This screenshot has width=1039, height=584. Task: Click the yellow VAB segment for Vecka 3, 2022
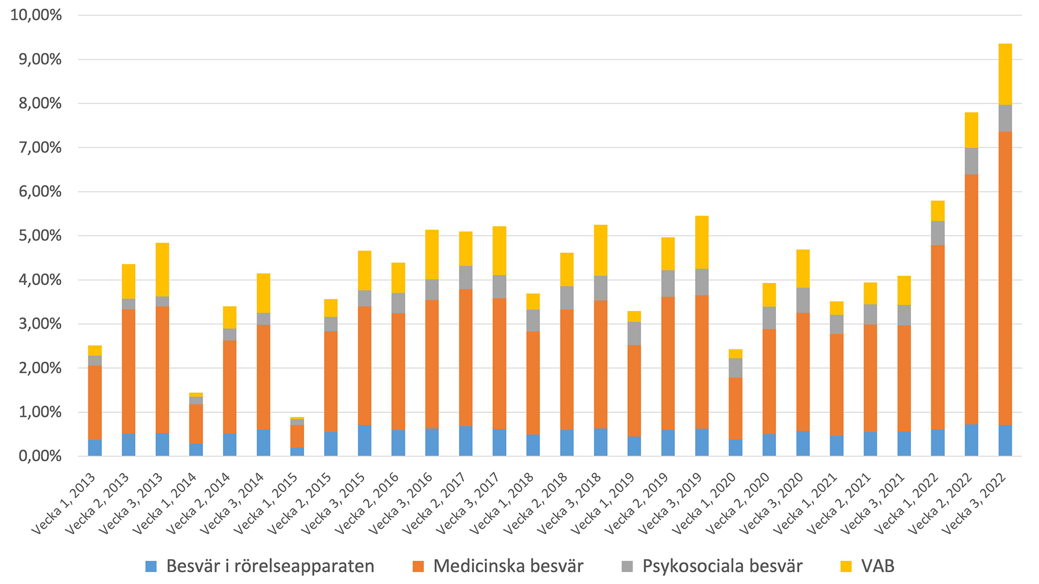pos(1005,74)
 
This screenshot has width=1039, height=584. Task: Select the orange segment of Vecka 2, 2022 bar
pos(971,299)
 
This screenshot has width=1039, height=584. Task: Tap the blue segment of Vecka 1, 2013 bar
pos(95,448)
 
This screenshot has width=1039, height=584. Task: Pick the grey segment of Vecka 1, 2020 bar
pos(735,368)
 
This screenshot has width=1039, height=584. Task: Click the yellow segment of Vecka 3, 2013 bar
pos(162,269)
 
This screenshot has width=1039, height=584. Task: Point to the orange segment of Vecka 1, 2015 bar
pos(297,436)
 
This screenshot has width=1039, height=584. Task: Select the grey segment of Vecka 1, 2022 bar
pos(938,233)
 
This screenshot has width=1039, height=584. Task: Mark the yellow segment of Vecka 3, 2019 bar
pos(702,242)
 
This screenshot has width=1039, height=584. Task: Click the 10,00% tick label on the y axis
pos(36,15)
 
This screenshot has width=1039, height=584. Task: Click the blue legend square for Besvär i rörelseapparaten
pos(152,567)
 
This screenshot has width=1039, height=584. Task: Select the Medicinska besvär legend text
pos(508,566)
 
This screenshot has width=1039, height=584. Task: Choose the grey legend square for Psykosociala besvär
pos(627,567)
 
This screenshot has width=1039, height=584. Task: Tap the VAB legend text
pos(878,566)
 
